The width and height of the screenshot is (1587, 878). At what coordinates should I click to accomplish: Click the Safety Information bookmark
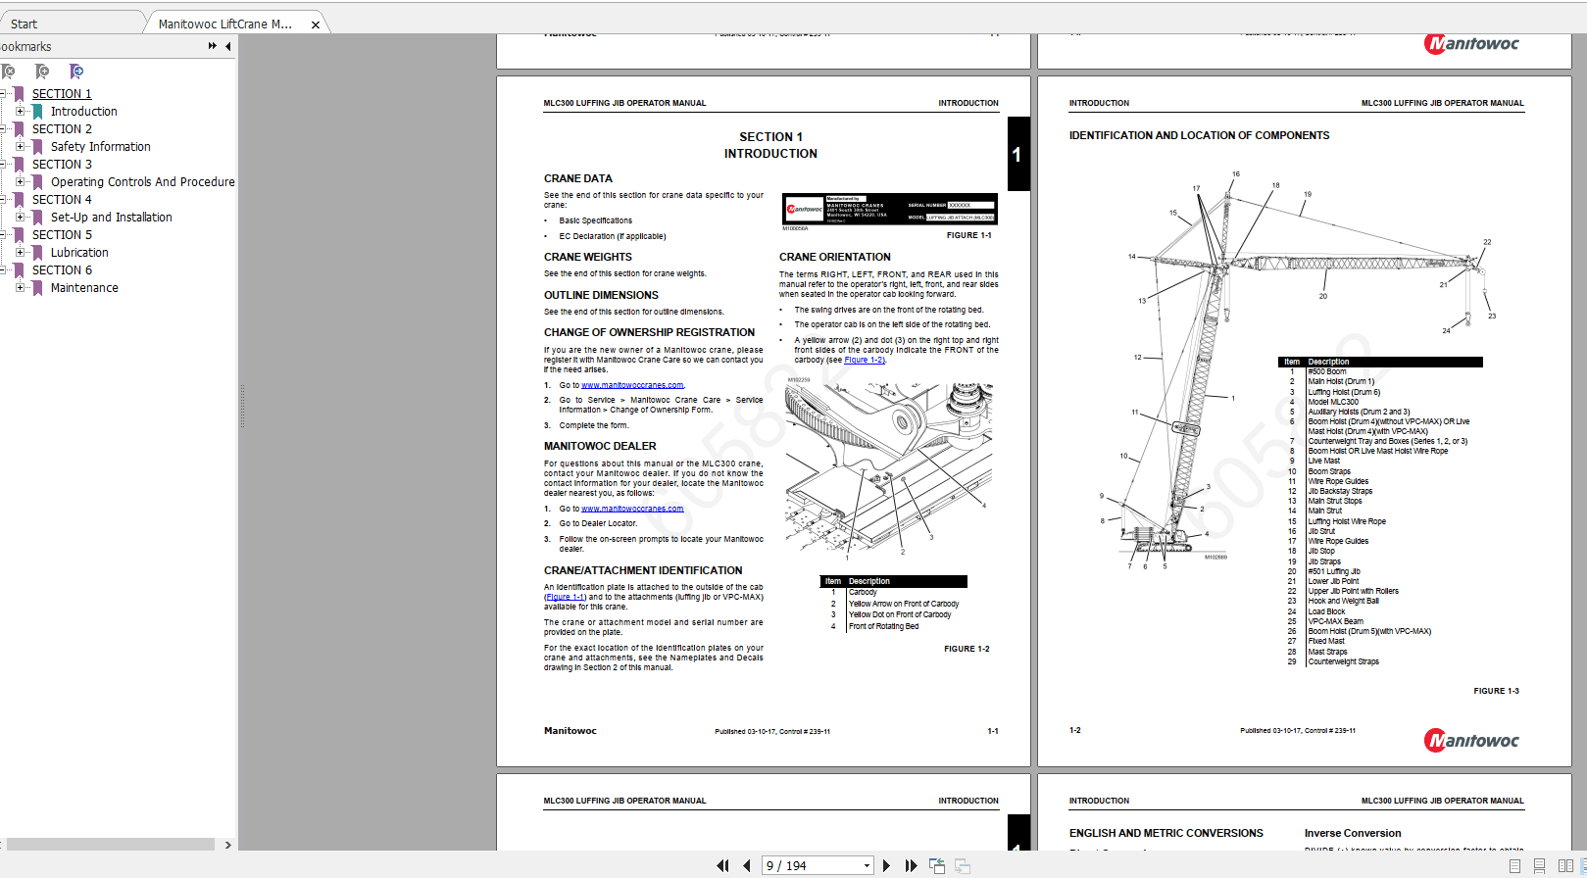(x=100, y=147)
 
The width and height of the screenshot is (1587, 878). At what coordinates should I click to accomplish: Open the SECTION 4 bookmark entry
(x=62, y=200)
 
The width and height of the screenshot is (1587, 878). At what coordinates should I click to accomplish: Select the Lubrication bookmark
(x=79, y=253)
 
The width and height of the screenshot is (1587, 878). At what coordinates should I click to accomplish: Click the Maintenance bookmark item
(x=84, y=288)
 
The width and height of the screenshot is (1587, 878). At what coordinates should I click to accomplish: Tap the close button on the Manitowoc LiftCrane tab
(x=316, y=24)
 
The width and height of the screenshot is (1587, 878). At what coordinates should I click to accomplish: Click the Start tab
(x=25, y=24)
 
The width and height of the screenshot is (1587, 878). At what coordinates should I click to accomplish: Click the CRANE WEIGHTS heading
(x=588, y=257)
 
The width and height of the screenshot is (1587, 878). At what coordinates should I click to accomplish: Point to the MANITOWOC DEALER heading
(x=600, y=446)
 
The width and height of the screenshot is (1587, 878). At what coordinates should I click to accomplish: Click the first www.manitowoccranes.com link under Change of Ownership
(x=632, y=385)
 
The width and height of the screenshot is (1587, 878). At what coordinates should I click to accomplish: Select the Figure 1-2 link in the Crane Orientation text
(x=864, y=360)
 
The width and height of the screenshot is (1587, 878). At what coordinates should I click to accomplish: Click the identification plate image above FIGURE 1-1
(x=889, y=209)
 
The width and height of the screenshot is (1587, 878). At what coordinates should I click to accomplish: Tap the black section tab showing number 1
(x=1017, y=154)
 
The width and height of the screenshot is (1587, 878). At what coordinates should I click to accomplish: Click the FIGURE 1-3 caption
(x=1496, y=691)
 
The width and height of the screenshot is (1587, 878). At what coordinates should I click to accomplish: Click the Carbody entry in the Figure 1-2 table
(x=863, y=592)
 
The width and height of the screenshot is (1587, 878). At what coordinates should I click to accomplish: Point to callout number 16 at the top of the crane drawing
(x=1236, y=174)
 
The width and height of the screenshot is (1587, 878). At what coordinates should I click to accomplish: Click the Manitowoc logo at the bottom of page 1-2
(x=1471, y=741)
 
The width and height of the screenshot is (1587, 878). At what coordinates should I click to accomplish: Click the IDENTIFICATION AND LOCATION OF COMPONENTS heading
(x=1199, y=136)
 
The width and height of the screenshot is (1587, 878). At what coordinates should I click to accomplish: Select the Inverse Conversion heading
(x=1352, y=833)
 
